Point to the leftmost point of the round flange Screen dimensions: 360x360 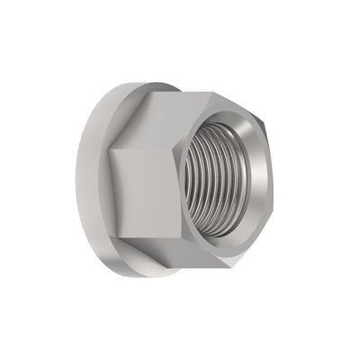click(x=76, y=180)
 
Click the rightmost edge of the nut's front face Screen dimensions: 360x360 click(x=271, y=180)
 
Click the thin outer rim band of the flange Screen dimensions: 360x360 click(x=85, y=180)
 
